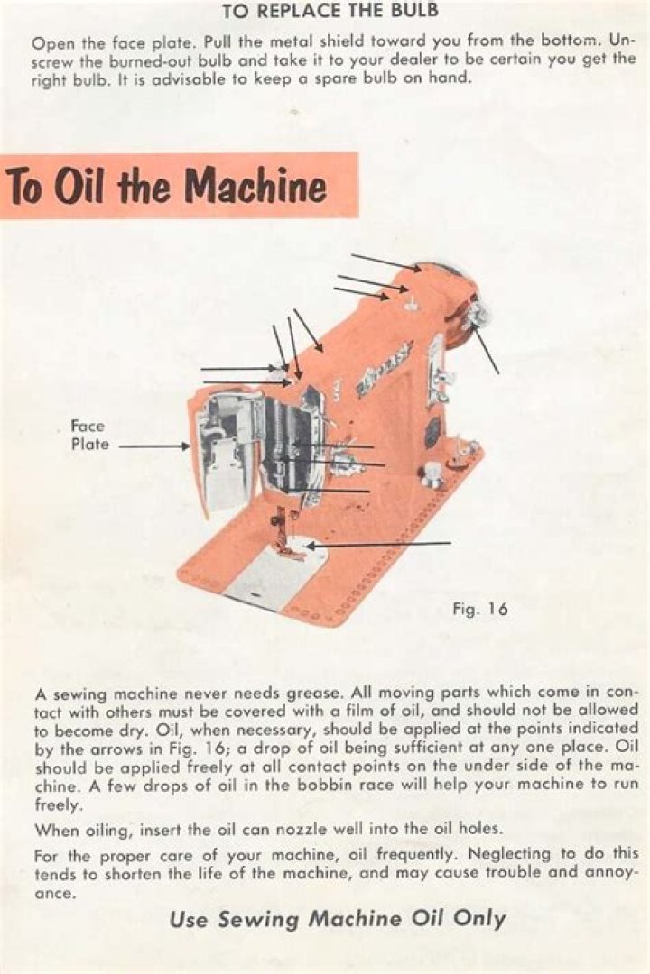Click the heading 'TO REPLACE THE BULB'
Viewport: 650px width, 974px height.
(330, 11)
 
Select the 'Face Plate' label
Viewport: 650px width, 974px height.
(89, 435)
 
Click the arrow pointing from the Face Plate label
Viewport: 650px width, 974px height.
(154, 446)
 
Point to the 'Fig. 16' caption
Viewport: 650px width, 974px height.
(480, 609)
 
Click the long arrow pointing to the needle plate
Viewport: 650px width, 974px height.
(378, 544)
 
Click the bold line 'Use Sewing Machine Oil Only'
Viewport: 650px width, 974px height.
(338, 919)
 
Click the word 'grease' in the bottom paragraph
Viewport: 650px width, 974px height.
(312, 694)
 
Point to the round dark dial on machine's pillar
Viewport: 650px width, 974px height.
(433, 428)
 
